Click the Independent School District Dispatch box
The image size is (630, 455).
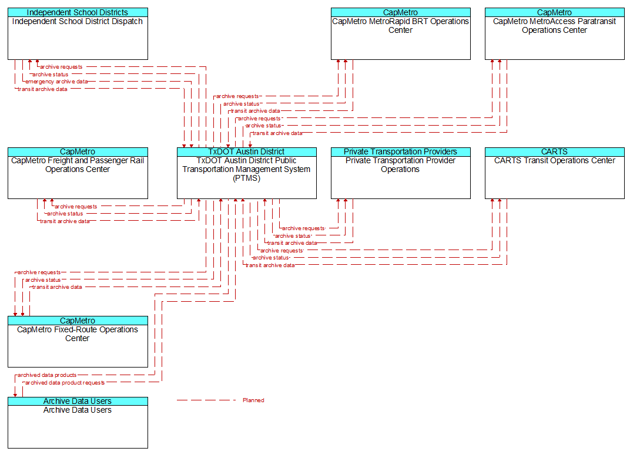(x=78, y=33)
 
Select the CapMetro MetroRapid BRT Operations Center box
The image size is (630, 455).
(x=401, y=33)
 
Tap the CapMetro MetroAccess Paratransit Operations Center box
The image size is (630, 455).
(x=554, y=33)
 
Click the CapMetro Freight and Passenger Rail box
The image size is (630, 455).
(x=78, y=173)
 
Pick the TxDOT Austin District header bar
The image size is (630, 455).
(x=247, y=151)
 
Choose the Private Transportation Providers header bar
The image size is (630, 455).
(x=401, y=151)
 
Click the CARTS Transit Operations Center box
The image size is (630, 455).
(x=554, y=173)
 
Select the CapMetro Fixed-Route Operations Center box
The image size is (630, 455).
(x=78, y=342)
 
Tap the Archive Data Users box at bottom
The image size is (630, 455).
(x=78, y=423)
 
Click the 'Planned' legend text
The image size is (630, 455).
(x=253, y=400)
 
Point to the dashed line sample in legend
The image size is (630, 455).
(x=206, y=400)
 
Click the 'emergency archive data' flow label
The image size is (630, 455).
(x=56, y=82)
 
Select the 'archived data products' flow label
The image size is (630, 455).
(x=47, y=375)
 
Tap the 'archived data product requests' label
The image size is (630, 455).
(x=65, y=383)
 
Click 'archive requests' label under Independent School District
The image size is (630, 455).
(x=61, y=67)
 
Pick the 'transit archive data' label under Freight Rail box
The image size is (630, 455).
(x=65, y=221)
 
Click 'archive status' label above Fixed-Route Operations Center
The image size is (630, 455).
(x=43, y=280)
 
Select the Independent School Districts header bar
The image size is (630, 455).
(x=78, y=12)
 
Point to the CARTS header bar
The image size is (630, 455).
(x=554, y=151)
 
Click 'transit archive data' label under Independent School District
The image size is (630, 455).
(x=42, y=89)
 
